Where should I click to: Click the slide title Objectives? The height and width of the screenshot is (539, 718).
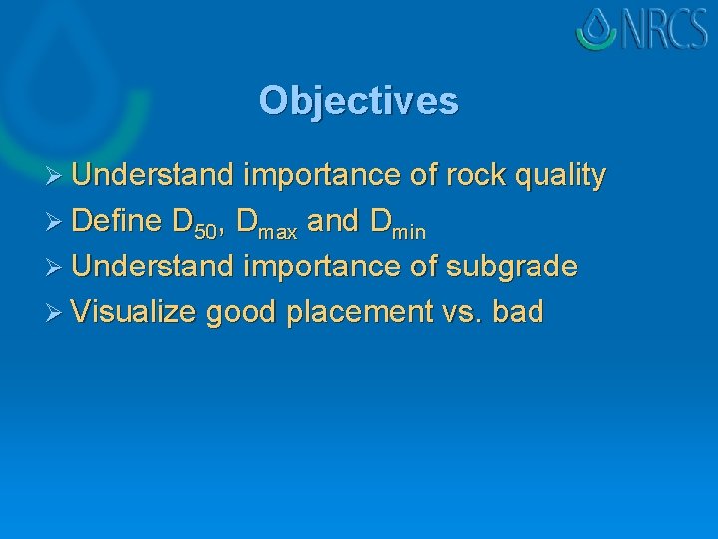[x=358, y=101]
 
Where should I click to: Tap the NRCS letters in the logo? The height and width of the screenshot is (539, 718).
[x=663, y=29]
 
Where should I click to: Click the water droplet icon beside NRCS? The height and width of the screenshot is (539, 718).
[x=597, y=29]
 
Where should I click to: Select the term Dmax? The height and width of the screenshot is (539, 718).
[x=267, y=224]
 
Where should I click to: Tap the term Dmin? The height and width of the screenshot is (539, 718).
[x=397, y=224]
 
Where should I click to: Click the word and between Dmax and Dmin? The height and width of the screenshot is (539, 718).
[x=332, y=221]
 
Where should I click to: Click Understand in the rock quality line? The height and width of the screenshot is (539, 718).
[x=153, y=176]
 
